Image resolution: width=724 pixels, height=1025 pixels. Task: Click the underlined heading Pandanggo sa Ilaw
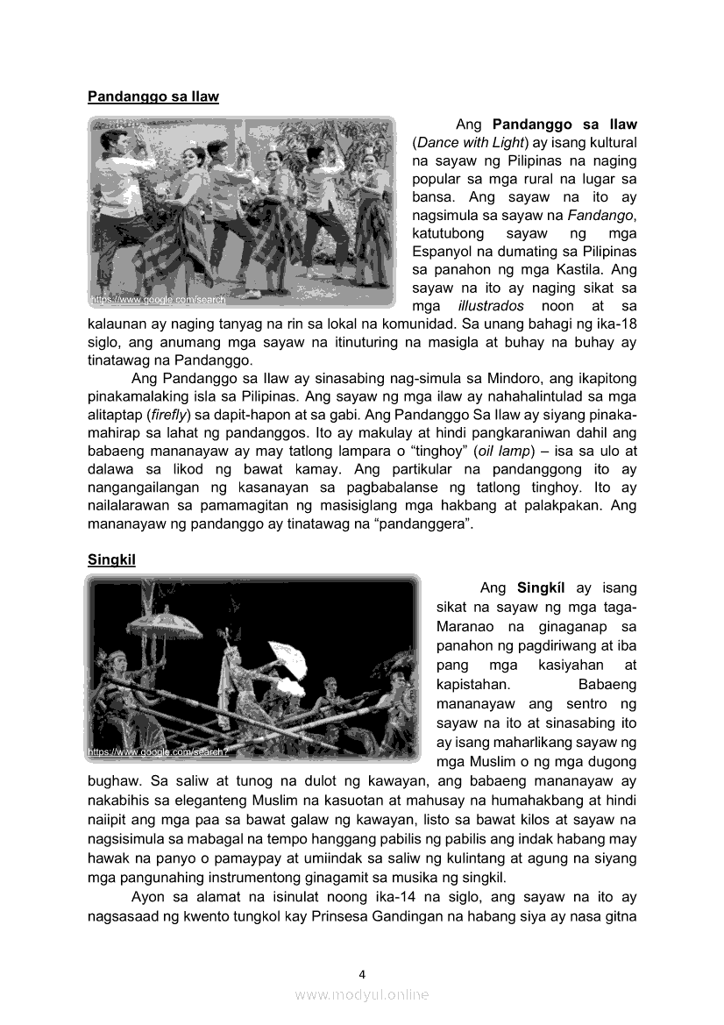(153, 96)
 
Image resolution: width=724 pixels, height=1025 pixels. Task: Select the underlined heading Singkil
(111, 559)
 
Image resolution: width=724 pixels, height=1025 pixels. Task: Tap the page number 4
(362, 973)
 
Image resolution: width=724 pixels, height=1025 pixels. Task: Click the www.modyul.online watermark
(362, 994)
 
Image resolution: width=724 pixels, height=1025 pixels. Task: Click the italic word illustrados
(491, 306)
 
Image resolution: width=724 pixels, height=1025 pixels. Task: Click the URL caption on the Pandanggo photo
(159, 300)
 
